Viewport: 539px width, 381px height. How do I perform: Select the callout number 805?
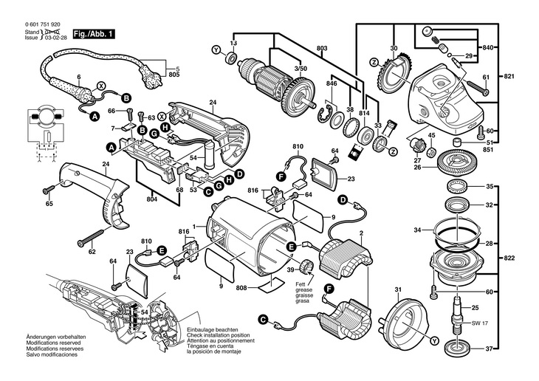(x=174, y=75)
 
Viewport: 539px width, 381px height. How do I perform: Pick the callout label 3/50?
(x=301, y=68)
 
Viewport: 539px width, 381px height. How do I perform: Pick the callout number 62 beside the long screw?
(x=92, y=252)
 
